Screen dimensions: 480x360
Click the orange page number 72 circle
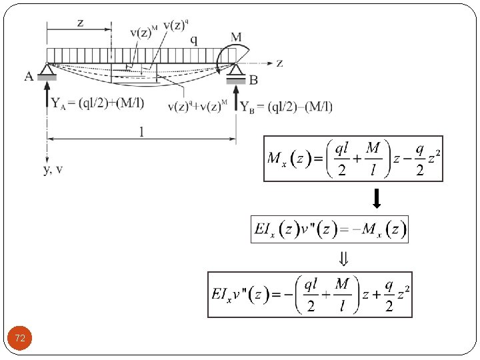(x=20, y=339)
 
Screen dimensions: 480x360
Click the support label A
(x=29, y=77)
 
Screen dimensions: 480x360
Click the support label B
(x=253, y=80)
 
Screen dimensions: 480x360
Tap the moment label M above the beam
(x=236, y=38)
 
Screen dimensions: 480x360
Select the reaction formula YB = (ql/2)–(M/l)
(x=286, y=107)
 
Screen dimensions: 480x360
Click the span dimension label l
(x=141, y=132)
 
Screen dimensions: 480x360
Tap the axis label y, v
(x=53, y=169)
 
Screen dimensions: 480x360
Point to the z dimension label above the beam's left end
(x=80, y=23)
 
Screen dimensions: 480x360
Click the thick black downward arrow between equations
(x=376, y=198)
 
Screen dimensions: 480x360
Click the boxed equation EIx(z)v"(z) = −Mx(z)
(x=329, y=229)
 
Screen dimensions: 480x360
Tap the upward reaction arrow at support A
(x=47, y=100)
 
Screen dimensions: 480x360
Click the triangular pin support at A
(x=47, y=68)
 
